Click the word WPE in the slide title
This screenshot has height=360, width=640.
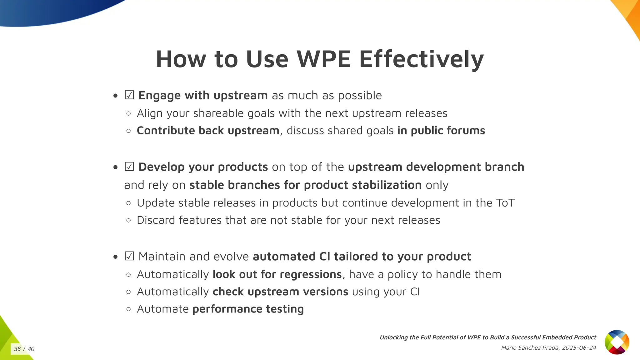[323, 59]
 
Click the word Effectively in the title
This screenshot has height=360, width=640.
[421, 59]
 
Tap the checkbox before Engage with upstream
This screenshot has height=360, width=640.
[129, 95]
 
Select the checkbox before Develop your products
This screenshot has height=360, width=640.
[129, 167]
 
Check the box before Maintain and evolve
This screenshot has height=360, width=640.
[129, 256]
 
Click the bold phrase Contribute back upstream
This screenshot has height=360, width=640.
[208, 131]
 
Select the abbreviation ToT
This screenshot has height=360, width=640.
[505, 203]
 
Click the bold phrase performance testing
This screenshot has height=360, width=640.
[248, 309]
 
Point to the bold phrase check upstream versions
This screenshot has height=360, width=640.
[280, 292]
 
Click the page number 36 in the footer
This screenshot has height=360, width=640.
[17, 349]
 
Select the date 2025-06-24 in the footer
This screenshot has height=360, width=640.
[579, 348]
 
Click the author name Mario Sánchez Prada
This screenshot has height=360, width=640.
[530, 348]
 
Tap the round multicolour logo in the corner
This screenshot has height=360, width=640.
[617, 342]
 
